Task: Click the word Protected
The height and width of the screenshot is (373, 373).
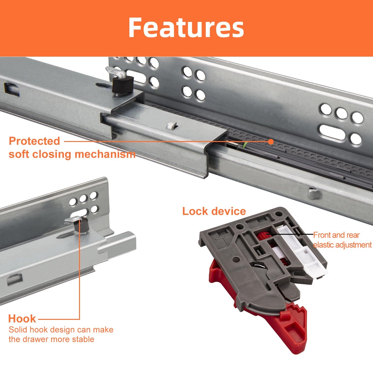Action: tap(34, 141)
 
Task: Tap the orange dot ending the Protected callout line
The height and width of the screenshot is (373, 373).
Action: tap(271, 141)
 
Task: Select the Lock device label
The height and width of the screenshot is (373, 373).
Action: tap(214, 211)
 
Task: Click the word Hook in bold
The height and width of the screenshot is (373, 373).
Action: tap(22, 319)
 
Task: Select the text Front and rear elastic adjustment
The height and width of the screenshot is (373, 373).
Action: tap(342, 240)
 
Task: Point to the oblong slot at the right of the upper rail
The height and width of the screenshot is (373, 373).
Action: tap(332, 132)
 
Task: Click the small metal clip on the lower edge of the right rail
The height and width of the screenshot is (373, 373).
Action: tap(314, 194)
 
